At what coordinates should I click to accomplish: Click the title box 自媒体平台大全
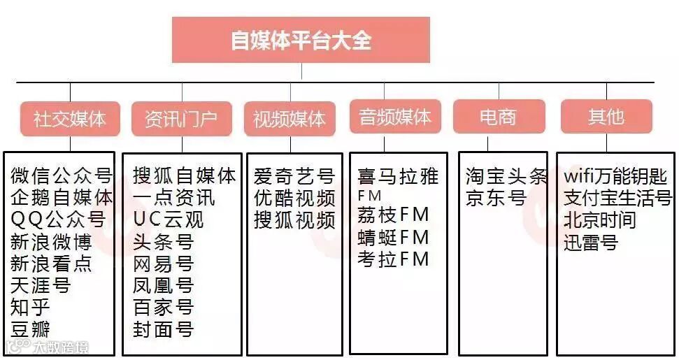(x=301, y=40)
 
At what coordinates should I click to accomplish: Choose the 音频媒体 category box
(x=395, y=117)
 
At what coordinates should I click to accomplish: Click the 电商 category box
(x=498, y=117)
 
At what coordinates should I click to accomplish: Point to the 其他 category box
(x=606, y=117)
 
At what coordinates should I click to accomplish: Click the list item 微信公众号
(x=62, y=175)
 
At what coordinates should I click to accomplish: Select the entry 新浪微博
(x=52, y=243)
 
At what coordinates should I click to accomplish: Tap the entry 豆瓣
(x=31, y=329)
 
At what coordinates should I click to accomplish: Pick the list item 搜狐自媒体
(x=185, y=175)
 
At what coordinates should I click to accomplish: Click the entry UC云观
(x=169, y=220)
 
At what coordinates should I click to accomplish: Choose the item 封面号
(x=163, y=329)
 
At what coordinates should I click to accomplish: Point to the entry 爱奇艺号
(x=294, y=175)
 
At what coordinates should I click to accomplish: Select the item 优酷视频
(x=294, y=198)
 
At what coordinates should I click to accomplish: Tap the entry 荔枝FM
(x=393, y=215)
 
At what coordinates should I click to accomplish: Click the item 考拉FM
(x=393, y=259)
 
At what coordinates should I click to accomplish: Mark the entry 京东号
(x=496, y=199)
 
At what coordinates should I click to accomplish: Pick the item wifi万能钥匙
(x=615, y=176)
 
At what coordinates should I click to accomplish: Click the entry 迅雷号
(x=591, y=243)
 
